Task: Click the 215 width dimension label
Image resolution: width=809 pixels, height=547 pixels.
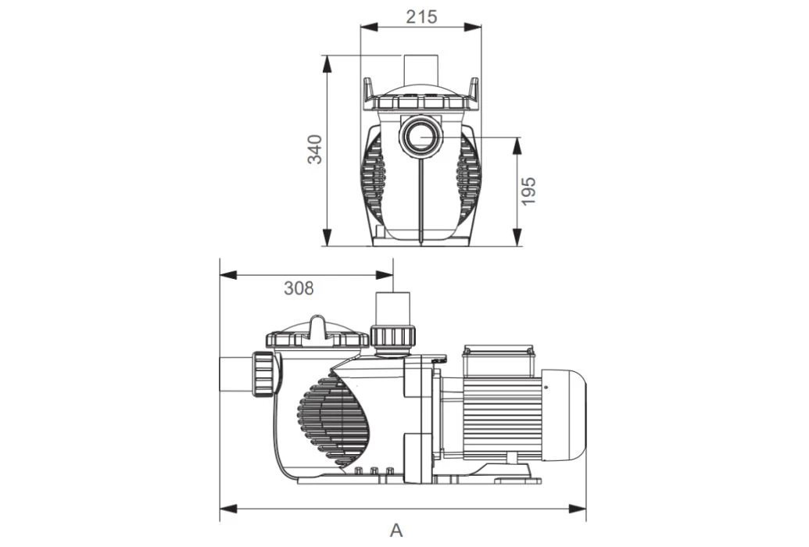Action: coord(421,16)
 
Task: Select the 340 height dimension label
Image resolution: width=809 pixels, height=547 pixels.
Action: coord(314,149)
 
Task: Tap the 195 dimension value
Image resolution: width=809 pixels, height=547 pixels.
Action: coord(529,191)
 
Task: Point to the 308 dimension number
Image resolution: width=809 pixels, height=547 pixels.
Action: coord(299,288)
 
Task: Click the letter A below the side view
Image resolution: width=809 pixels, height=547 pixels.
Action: coord(397,531)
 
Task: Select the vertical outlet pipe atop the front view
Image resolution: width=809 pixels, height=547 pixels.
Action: coord(421,71)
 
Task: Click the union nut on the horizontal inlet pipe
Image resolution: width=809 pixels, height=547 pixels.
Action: coord(264,375)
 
